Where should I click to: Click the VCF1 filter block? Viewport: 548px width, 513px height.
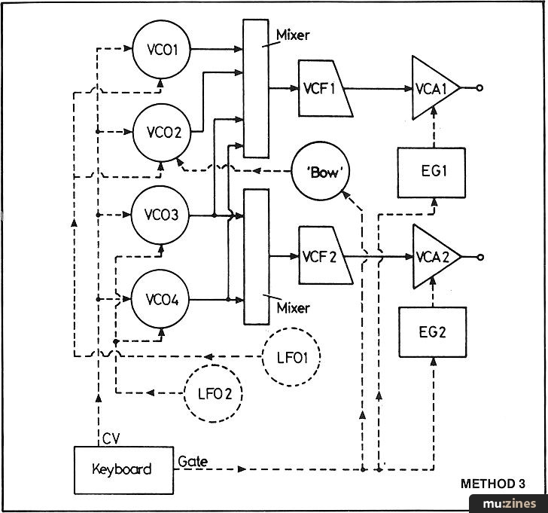pyautogui.click(x=325, y=88)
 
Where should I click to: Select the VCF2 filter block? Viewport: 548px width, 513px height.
pyautogui.click(x=325, y=255)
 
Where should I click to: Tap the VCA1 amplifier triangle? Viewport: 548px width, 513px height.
pyautogui.click(x=436, y=88)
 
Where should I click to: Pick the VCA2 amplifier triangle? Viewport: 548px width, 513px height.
pyautogui.click(x=437, y=257)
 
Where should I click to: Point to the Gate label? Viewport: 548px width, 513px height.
pyautogui.click(x=193, y=462)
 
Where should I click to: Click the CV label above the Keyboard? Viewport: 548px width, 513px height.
pyautogui.click(x=111, y=438)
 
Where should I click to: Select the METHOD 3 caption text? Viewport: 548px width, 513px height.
pyautogui.click(x=493, y=484)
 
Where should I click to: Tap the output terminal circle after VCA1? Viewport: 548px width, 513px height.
pyautogui.click(x=479, y=88)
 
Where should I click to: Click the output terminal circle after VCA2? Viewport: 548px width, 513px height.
pyautogui.click(x=480, y=258)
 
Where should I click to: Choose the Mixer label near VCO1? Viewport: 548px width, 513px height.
pyautogui.click(x=293, y=35)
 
